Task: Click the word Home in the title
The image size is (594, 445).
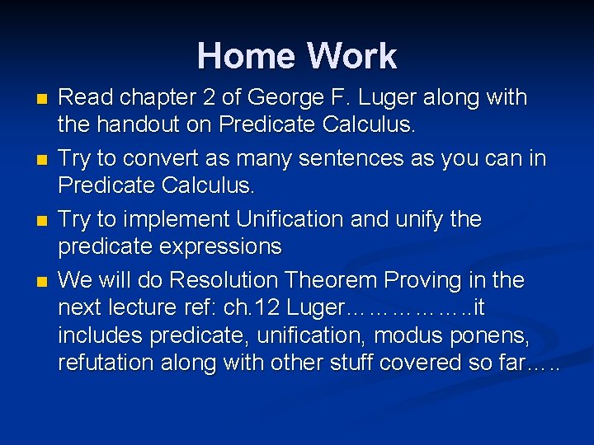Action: click(x=247, y=56)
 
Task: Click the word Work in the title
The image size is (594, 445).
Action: click(x=351, y=56)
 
